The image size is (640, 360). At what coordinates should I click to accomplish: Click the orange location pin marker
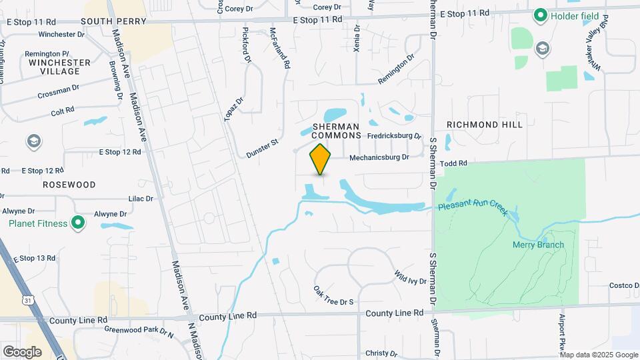tap(320, 159)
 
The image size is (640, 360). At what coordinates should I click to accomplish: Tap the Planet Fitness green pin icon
tap(79, 223)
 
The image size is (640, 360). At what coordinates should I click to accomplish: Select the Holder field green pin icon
tap(541, 15)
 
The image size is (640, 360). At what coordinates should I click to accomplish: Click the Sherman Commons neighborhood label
tap(336, 131)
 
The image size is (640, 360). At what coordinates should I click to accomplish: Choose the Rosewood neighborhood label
tap(69, 184)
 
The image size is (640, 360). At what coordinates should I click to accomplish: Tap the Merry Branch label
tap(538, 245)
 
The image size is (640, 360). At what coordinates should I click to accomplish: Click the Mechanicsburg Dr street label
tap(379, 158)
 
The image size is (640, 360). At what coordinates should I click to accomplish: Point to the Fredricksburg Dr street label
tap(395, 136)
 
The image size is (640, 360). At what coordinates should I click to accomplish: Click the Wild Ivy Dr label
tap(410, 277)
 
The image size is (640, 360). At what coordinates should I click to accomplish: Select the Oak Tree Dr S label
tap(333, 296)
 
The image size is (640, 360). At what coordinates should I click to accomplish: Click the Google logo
tap(23, 351)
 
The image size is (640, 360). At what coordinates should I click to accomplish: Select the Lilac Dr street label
tap(141, 199)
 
